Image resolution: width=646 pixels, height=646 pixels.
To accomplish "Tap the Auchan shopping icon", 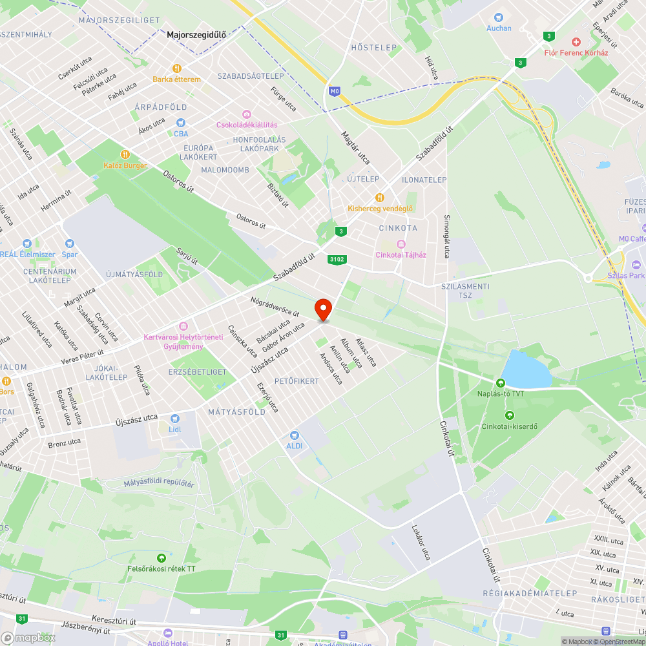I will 498,17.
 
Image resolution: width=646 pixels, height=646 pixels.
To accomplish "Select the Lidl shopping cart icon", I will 174,418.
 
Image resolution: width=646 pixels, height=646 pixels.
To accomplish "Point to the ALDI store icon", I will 295,435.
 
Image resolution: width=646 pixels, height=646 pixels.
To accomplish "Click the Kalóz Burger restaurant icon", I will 125,154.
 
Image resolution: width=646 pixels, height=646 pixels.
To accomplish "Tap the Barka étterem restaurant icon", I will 176,68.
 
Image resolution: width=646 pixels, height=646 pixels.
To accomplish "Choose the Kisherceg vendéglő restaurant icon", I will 380,198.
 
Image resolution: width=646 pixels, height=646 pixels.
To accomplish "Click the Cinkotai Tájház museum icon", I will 401,244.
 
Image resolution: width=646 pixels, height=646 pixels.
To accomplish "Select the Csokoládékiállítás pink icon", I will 246,114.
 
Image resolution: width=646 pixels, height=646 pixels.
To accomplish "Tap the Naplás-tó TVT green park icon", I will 499,382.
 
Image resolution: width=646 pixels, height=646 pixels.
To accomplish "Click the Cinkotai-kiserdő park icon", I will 510,415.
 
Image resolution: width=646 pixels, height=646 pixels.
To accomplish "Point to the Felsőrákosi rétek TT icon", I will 161,558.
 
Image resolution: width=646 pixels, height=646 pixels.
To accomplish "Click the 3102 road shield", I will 337,260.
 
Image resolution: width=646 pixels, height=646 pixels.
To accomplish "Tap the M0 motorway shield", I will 334,92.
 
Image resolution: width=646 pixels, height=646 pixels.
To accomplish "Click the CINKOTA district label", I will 398,228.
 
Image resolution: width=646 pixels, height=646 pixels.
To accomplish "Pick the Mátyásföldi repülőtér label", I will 159,483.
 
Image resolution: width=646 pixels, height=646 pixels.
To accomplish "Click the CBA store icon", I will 181,123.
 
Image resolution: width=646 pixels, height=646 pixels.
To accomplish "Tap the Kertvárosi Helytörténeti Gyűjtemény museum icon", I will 183,326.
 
